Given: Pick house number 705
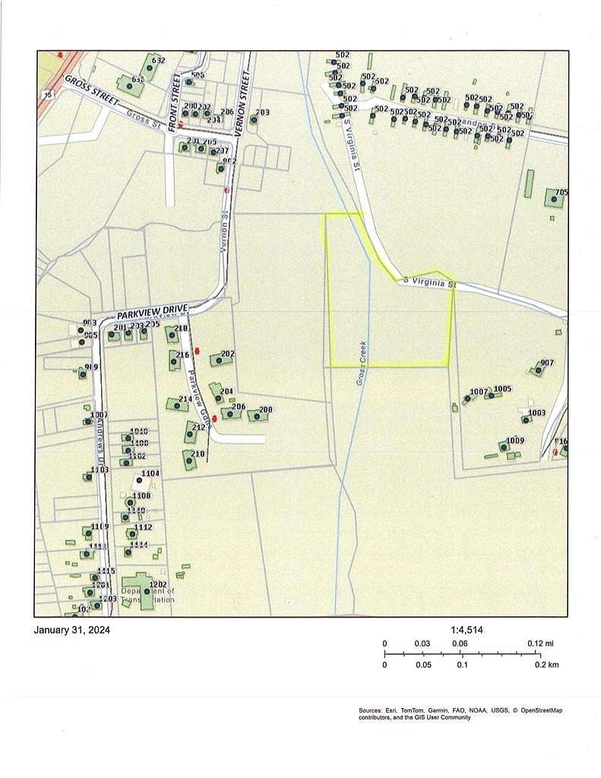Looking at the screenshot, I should (561, 192).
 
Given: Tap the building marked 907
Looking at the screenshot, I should (547, 362).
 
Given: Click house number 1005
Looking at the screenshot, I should (502, 389).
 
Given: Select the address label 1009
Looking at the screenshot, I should (515, 441).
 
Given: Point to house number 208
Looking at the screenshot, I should (265, 410).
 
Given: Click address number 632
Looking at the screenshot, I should (159, 60).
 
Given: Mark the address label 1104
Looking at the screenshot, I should (150, 473).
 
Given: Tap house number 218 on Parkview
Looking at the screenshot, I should (181, 329).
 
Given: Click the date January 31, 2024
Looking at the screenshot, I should (72, 630).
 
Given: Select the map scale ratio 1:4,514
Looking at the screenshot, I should (467, 630).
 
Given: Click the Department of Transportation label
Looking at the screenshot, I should (147, 595).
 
